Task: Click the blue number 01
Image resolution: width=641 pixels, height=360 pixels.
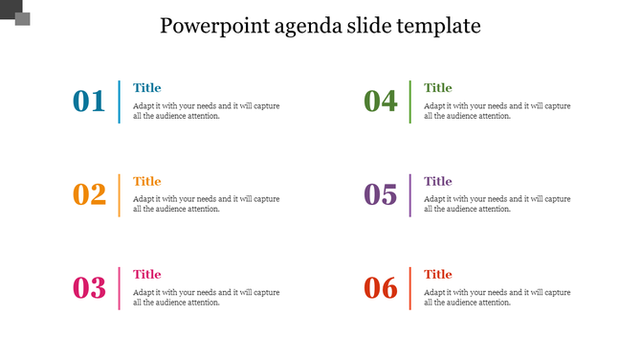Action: coord(89,101)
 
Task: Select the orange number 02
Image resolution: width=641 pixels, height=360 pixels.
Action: coord(89,195)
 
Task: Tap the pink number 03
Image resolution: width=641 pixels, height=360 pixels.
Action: coord(89,288)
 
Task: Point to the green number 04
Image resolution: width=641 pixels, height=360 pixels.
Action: coord(380,101)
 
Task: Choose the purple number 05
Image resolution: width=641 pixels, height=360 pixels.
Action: coord(380,195)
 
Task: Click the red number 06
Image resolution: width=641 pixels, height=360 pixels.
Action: coord(380,288)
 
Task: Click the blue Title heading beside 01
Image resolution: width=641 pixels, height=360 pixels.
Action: coord(146,88)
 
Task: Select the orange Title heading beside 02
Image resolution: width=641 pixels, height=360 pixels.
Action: coord(146,181)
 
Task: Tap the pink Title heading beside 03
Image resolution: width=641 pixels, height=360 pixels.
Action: coord(146,275)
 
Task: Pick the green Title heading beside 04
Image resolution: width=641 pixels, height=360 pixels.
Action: coord(437,88)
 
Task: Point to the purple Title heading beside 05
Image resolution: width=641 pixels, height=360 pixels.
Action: coord(437,181)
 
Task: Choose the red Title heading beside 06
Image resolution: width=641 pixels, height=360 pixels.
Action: coord(437,275)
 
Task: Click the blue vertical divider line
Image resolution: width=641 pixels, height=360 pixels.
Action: coord(120,101)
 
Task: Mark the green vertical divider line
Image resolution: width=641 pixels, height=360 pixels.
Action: coord(410,101)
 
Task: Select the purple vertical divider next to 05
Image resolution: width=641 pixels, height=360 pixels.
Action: coord(410,195)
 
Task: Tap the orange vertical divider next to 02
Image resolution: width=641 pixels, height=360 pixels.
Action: coord(120,195)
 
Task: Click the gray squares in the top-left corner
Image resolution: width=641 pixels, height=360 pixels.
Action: coord(16,13)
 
